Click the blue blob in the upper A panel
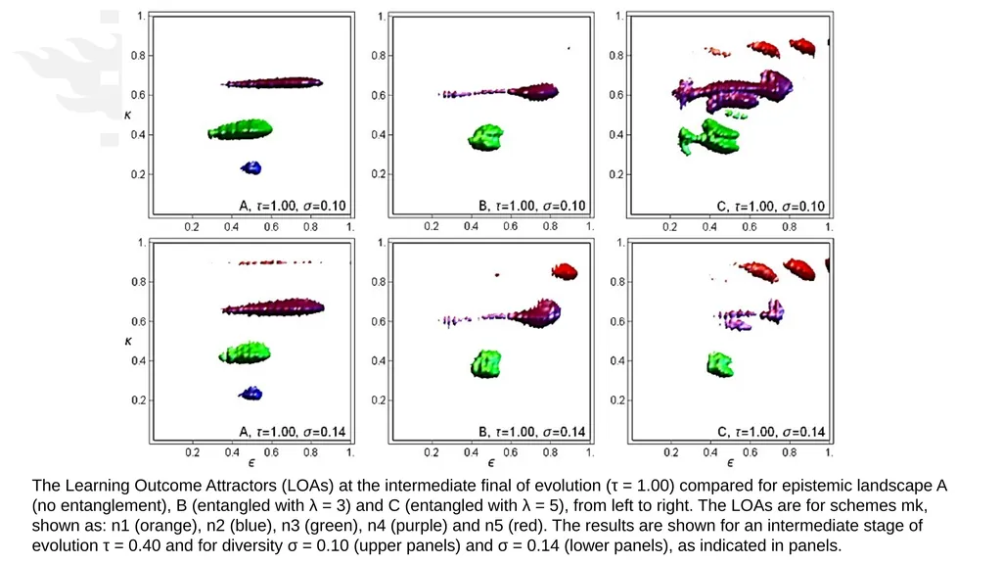coord(251,167)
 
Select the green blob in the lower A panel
coord(245,352)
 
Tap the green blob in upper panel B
coord(486,137)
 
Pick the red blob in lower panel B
coord(565,271)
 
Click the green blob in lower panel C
coord(720,364)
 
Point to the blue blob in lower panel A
coord(250,394)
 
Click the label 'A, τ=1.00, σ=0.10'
coord(292,206)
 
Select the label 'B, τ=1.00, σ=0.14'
coord(531,432)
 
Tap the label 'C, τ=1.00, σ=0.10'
coord(771,206)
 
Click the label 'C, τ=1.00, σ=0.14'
coord(771,432)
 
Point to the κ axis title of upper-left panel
coord(128,116)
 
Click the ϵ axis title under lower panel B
coord(491,462)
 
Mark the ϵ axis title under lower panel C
coord(730,462)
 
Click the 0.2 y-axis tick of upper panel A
coord(138,174)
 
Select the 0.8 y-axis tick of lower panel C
coord(617,282)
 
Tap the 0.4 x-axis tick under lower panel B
coord(471,452)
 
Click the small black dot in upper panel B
coord(569,48)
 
